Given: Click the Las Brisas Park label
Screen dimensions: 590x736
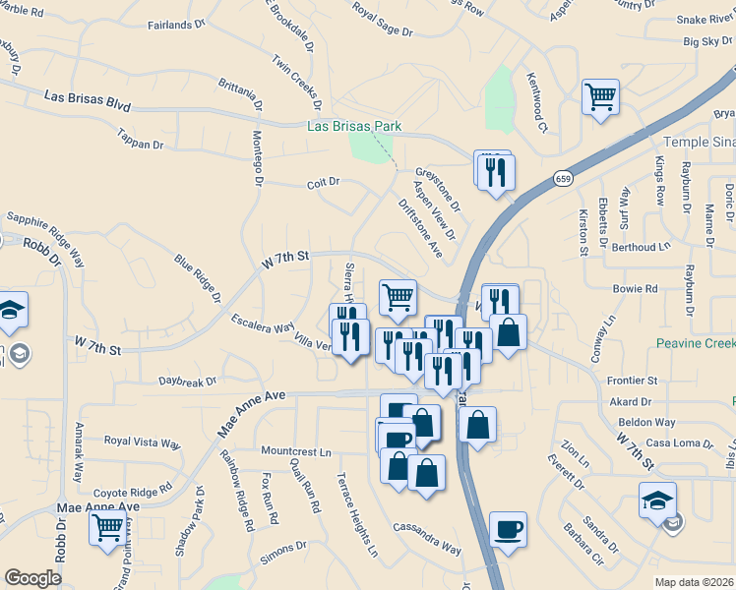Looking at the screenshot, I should pyautogui.click(x=353, y=127).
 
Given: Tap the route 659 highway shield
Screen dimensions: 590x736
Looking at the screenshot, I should pyautogui.click(x=562, y=178).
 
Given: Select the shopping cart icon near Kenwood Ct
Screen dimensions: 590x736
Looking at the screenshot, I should pyautogui.click(x=600, y=97).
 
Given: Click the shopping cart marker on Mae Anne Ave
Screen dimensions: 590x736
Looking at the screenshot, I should pyautogui.click(x=108, y=527).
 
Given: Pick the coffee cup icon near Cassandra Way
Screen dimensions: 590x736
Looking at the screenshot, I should pyautogui.click(x=508, y=530).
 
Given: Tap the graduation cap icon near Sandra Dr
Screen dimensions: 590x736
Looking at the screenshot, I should pyautogui.click(x=657, y=501).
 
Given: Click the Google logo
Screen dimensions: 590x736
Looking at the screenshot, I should pyautogui.click(x=32, y=578).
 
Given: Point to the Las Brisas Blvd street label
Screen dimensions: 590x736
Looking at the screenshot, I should pyautogui.click(x=88, y=99).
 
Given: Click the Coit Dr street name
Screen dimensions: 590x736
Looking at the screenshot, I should pyautogui.click(x=323, y=182).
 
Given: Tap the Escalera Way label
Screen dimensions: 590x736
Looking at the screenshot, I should pyautogui.click(x=262, y=324).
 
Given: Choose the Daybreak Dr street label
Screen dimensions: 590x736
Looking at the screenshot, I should pyautogui.click(x=187, y=380).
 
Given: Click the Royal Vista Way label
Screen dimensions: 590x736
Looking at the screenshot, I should pyautogui.click(x=143, y=442).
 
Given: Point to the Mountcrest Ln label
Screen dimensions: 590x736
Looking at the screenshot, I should pyautogui.click(x=296, y=451).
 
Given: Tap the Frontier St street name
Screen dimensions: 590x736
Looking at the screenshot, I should pyautogui.click(x=632, y=380).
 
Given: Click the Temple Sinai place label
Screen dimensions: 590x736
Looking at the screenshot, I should pyautogui.click(x=700, y=142).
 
